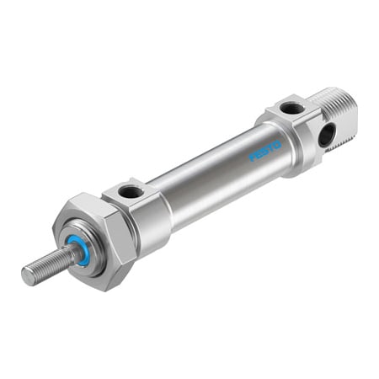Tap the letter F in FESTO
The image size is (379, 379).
click(x=252, y=158)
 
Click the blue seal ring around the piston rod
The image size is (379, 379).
click(x=80, y=250)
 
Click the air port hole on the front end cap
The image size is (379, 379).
click(x=131, y=192)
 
